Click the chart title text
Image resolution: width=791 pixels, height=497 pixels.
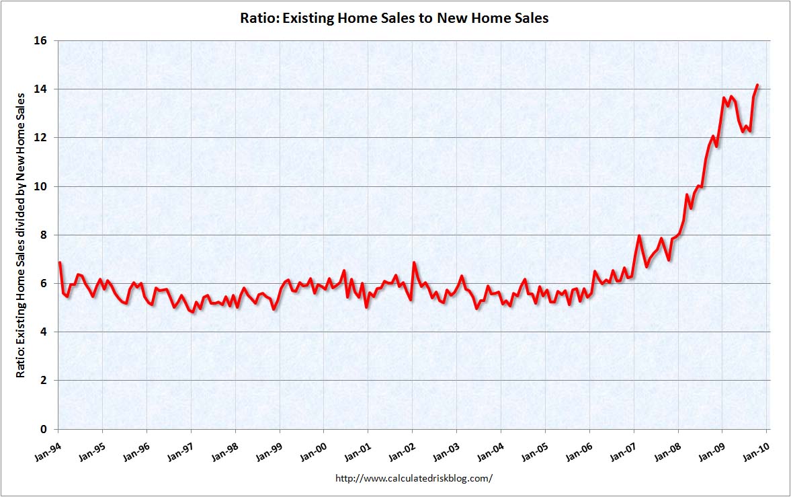point(394,18)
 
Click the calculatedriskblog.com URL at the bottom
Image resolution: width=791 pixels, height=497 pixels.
point(413,478)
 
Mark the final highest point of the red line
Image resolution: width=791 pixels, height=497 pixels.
point(757,85)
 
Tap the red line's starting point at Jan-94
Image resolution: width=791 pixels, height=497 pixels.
point(59,262)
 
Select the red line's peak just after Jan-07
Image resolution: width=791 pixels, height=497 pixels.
point(638,236)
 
